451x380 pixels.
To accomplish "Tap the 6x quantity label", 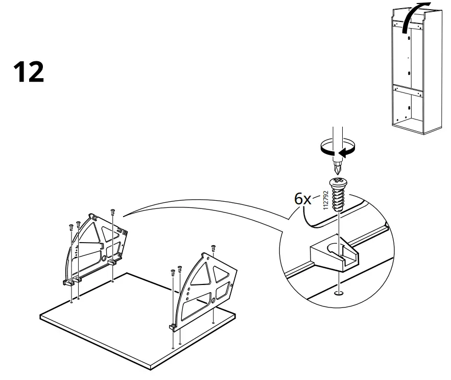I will (x=302, y=199).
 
